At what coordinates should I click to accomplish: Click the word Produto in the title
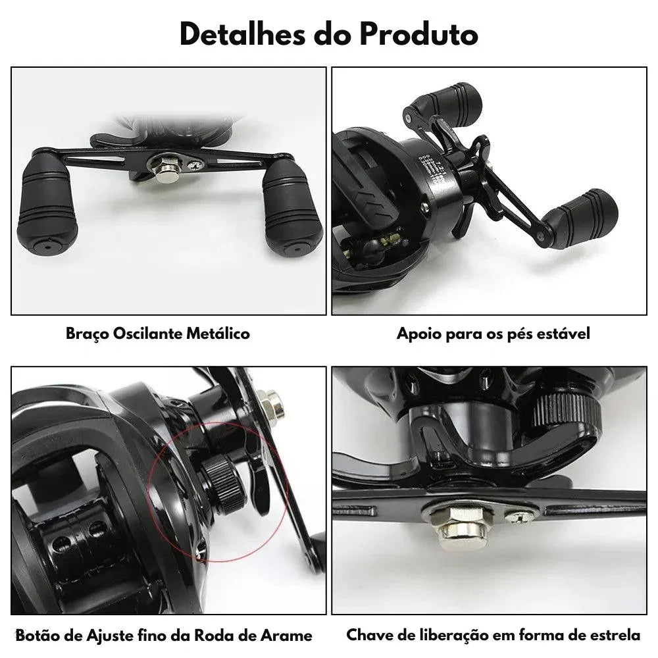click(x=418, y=34)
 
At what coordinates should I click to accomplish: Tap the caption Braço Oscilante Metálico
click(x=158, y=334)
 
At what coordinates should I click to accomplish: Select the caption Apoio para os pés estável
click(x=493, y=334)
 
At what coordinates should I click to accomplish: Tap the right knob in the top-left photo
click(x=292, y=207)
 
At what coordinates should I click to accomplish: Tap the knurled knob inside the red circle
click(x=224, y=484)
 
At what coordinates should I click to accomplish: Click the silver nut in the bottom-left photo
click(x=270, y=404)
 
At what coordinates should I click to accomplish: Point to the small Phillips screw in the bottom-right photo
click(x=520, y=516)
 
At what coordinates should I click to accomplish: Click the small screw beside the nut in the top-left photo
click(x=195, y=165)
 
